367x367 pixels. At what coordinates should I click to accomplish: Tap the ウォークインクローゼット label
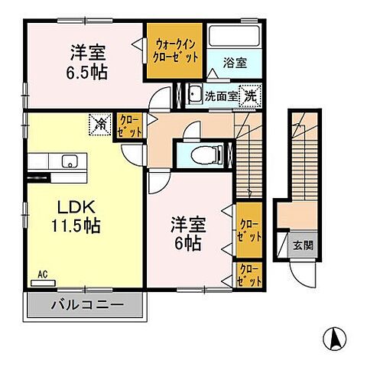coord(177,50)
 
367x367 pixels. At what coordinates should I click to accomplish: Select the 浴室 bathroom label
coord(235,63)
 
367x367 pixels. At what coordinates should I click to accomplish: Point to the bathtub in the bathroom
coord(236,38)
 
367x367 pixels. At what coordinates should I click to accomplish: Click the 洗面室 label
coord(221,97)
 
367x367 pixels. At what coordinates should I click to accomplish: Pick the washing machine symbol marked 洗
coord(250,96)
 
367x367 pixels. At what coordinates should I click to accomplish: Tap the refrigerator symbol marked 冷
coord(100,122)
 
